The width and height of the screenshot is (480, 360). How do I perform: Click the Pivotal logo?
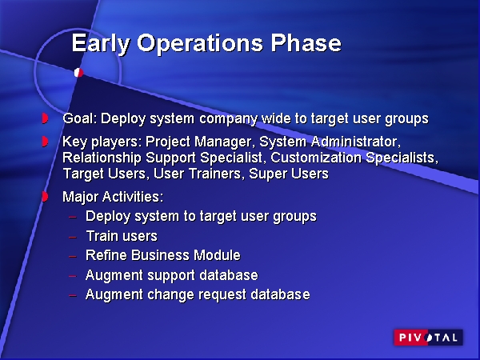tap(428, 338)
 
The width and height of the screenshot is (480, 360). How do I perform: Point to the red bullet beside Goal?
tap(46, 119)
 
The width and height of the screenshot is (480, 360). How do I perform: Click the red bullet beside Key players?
tap(46, 142)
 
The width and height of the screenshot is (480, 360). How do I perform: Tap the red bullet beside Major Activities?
tap(46, 196)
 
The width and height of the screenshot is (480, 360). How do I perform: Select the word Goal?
tap(80, 119)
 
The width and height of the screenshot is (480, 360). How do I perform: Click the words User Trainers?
tap(191, 174)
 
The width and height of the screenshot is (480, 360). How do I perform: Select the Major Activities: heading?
tap(113, 196)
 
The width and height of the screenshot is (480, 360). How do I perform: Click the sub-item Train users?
tap(122, 236)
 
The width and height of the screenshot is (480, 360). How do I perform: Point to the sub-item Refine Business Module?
tap(163, 256)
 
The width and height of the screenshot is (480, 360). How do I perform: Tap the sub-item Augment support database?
tap(172, 275)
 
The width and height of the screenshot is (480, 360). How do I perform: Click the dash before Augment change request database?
tap(72, 295)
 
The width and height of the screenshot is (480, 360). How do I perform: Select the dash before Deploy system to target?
tap(72, 217)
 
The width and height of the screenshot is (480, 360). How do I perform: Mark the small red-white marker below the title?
tap(78, 73)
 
